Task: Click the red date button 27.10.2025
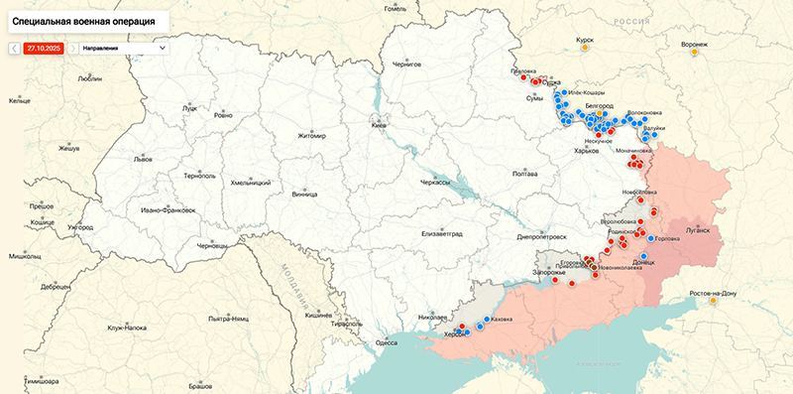pos(45,47)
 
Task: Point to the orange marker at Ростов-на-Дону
pos(712,302)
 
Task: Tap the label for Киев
pos(378,126)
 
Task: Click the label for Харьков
pos(588,150)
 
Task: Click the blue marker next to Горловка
pos(650,238)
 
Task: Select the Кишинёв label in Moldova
pos(317,314)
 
